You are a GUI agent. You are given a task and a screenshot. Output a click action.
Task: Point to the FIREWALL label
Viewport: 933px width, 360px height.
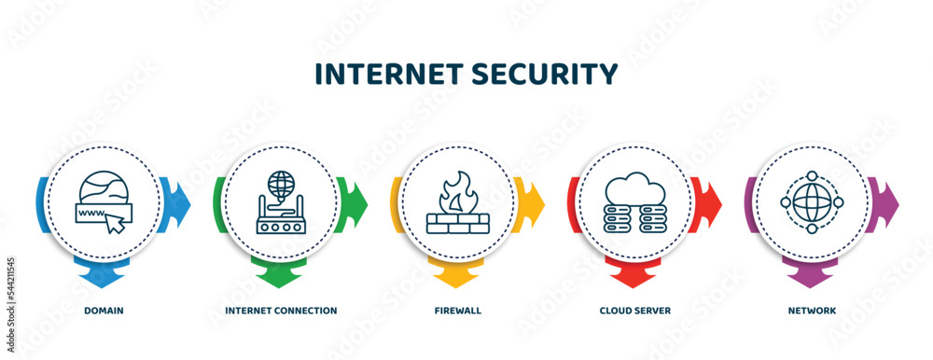coord(458,310)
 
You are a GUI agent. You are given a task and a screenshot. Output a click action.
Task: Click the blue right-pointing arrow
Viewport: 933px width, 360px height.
coord(179,200)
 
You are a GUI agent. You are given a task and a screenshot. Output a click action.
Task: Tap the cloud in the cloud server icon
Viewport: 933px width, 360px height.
coord(636,187)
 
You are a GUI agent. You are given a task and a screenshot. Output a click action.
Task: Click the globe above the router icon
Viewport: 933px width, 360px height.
coord(280,182)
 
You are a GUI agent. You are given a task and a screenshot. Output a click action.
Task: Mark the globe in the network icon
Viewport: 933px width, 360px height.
coord(812,201)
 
